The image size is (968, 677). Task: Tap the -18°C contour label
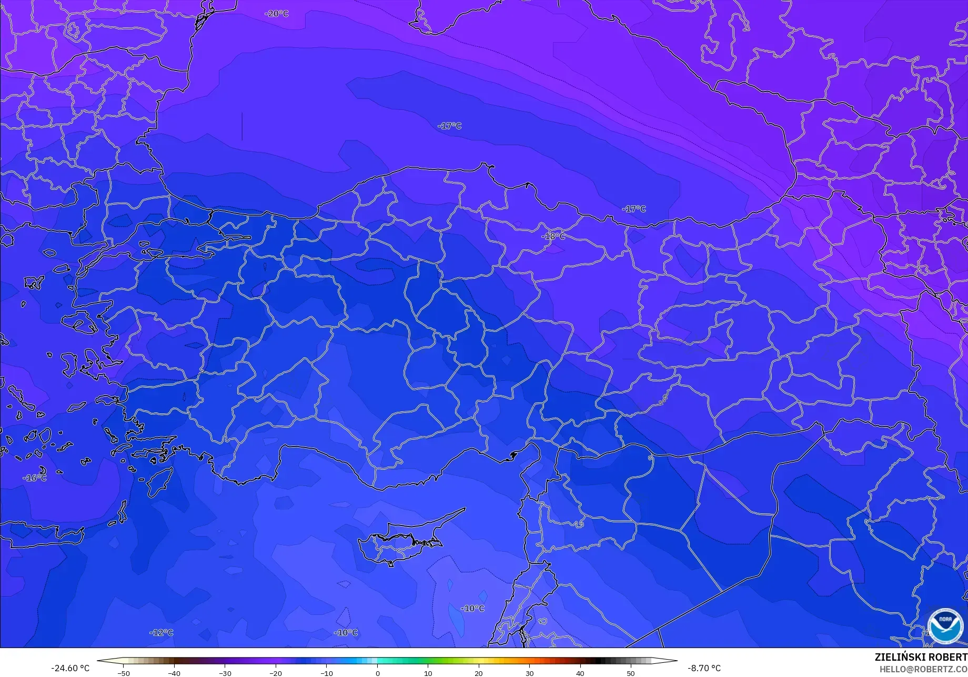point(553,236)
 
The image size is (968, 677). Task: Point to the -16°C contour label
point(35,478)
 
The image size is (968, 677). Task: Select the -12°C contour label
point(161,632)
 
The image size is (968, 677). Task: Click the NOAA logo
point(945,626)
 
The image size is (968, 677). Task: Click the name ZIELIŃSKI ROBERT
point(921,657)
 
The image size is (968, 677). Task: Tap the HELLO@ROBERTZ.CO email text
point(923,669)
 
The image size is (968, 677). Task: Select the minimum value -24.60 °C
point(70,668)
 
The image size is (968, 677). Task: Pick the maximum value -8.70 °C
point(704,668)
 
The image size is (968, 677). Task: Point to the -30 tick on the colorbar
point(225,673)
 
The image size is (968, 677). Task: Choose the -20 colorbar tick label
point(275,673)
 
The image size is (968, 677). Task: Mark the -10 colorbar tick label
point(326,673)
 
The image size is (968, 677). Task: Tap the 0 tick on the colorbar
point(377,673)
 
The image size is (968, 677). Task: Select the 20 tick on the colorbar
point(478,673)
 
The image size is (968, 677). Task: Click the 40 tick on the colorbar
point(580,673)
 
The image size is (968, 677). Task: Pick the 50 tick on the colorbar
point(630,673)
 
